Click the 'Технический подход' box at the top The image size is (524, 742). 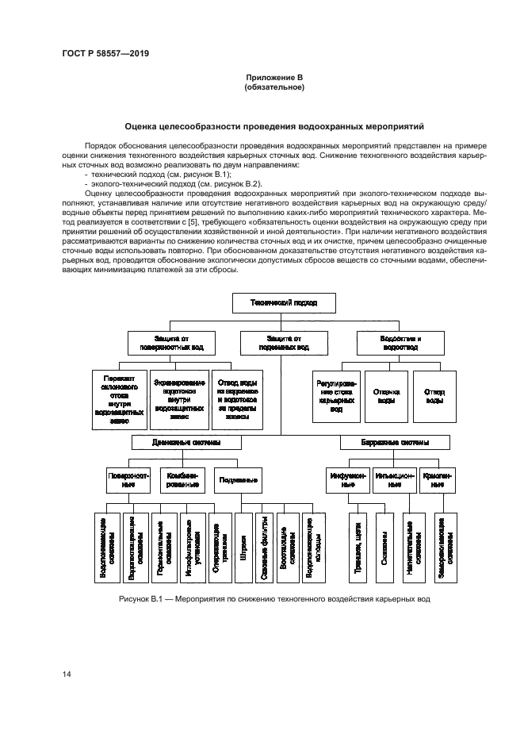coord(273,302)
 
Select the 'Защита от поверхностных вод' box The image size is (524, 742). coord(172,343)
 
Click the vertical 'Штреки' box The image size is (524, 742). coord(243,548)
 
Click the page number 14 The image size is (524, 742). coord(66,675)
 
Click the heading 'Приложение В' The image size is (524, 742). coord(274,78)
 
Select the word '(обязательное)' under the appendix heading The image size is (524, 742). coord(274,87)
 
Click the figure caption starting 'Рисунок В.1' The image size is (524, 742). coord(273,599)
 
